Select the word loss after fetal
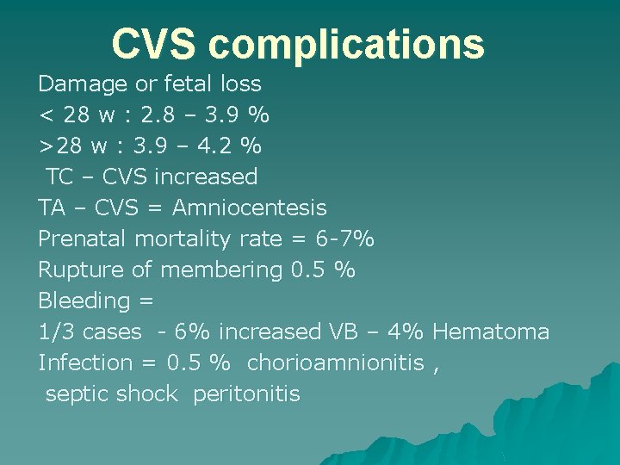[240, 84]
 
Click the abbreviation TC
[59, 177]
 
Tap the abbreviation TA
[52, 208]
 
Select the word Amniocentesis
[250, 208]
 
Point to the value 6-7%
[344, 239]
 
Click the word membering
[221, 270]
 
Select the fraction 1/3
[53, 332]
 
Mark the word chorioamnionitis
[336, 363]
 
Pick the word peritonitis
[247, 394]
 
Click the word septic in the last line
[77, 394]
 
